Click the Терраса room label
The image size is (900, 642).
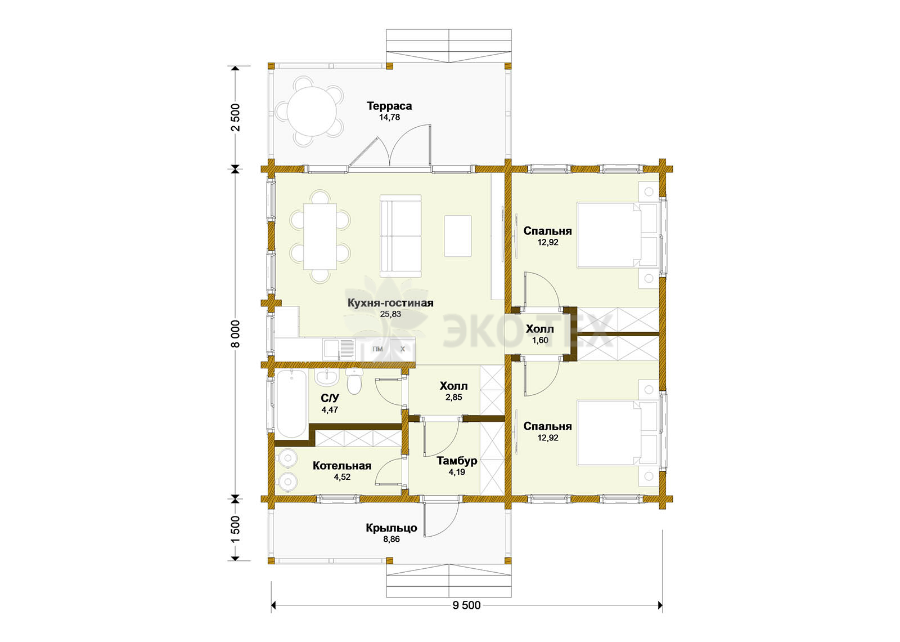[x=389, y=106]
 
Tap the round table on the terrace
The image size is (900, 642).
[x=312, y=112]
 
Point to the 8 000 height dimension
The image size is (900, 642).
[x=236, y=334]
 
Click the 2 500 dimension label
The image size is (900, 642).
[x=236, y=118]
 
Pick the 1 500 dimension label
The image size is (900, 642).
[x=236, y=529]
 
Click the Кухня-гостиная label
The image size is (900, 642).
[x=390, y=303]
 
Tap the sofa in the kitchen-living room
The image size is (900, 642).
[x=400, y=236]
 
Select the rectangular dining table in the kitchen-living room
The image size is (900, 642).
[x=320, y=237]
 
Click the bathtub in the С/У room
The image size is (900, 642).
[x=291, y=403]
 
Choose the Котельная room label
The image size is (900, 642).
[x=342, y=466]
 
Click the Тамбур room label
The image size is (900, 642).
[x=457, y=461]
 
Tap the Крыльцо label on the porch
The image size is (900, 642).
[x=391, y=528]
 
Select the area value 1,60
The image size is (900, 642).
[x=540, y=340]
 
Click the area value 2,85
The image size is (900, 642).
[x=453, y=397]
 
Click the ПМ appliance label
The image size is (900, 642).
[x=377, y=349]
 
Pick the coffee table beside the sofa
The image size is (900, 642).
[x=458, y=236]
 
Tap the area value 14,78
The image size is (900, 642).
[x=389, y=118]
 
